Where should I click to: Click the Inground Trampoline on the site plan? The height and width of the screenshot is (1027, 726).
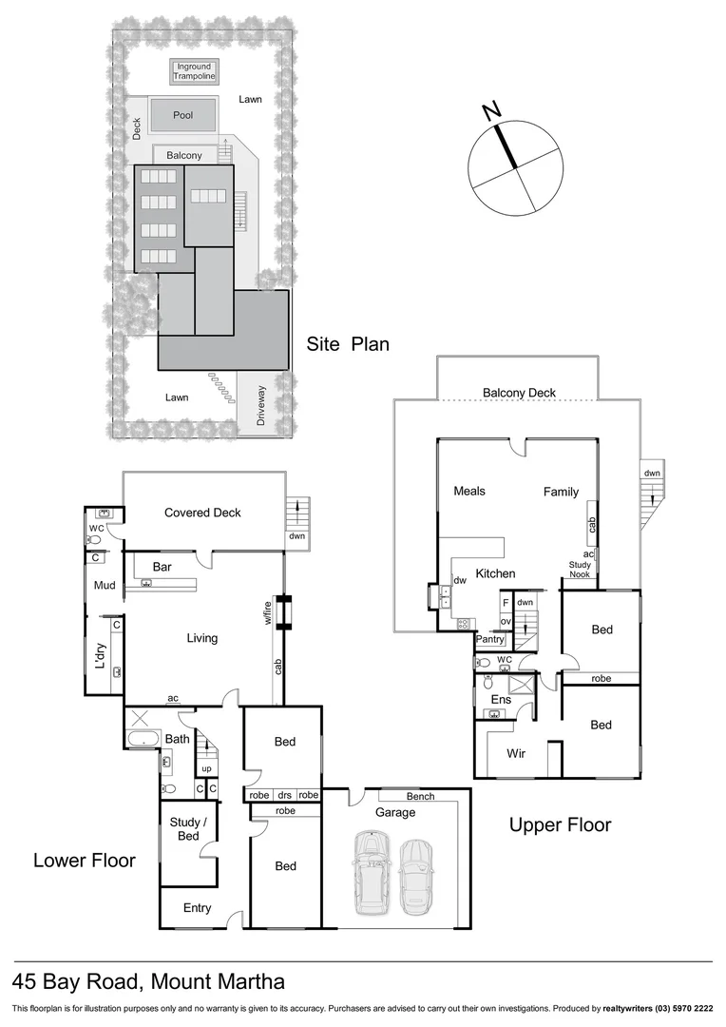tap(194, 70)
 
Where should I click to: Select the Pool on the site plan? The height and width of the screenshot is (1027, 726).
tap(182, 115)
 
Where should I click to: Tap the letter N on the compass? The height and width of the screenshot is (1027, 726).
tap(491, 111)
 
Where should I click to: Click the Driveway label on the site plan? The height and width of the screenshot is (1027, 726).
tap(261, 403)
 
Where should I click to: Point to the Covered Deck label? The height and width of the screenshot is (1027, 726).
tap(202, 513)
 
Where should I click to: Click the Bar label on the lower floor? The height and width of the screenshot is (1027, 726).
tap(162, 567)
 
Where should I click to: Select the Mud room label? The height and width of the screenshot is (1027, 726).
tap(105, 586)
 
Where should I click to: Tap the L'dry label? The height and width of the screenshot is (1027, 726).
tap(99, 658)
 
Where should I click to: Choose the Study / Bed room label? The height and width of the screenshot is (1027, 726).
tap(184, 828)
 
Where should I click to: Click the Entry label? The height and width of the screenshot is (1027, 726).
tap(197, 908)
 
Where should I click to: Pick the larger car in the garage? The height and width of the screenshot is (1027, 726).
tap(372, 872)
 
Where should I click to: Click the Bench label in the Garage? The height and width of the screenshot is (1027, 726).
tap(420, 796)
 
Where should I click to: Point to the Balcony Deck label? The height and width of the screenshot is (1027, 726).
tap(519, 392)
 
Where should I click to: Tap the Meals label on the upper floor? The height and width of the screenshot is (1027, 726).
tap(469, 491)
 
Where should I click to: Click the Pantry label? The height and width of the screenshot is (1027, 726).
tap(490, 640)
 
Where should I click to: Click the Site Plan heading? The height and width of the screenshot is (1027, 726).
tap(348, 344)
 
